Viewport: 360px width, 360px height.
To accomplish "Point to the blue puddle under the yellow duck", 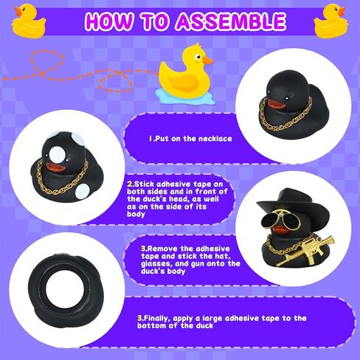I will (185, 96).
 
